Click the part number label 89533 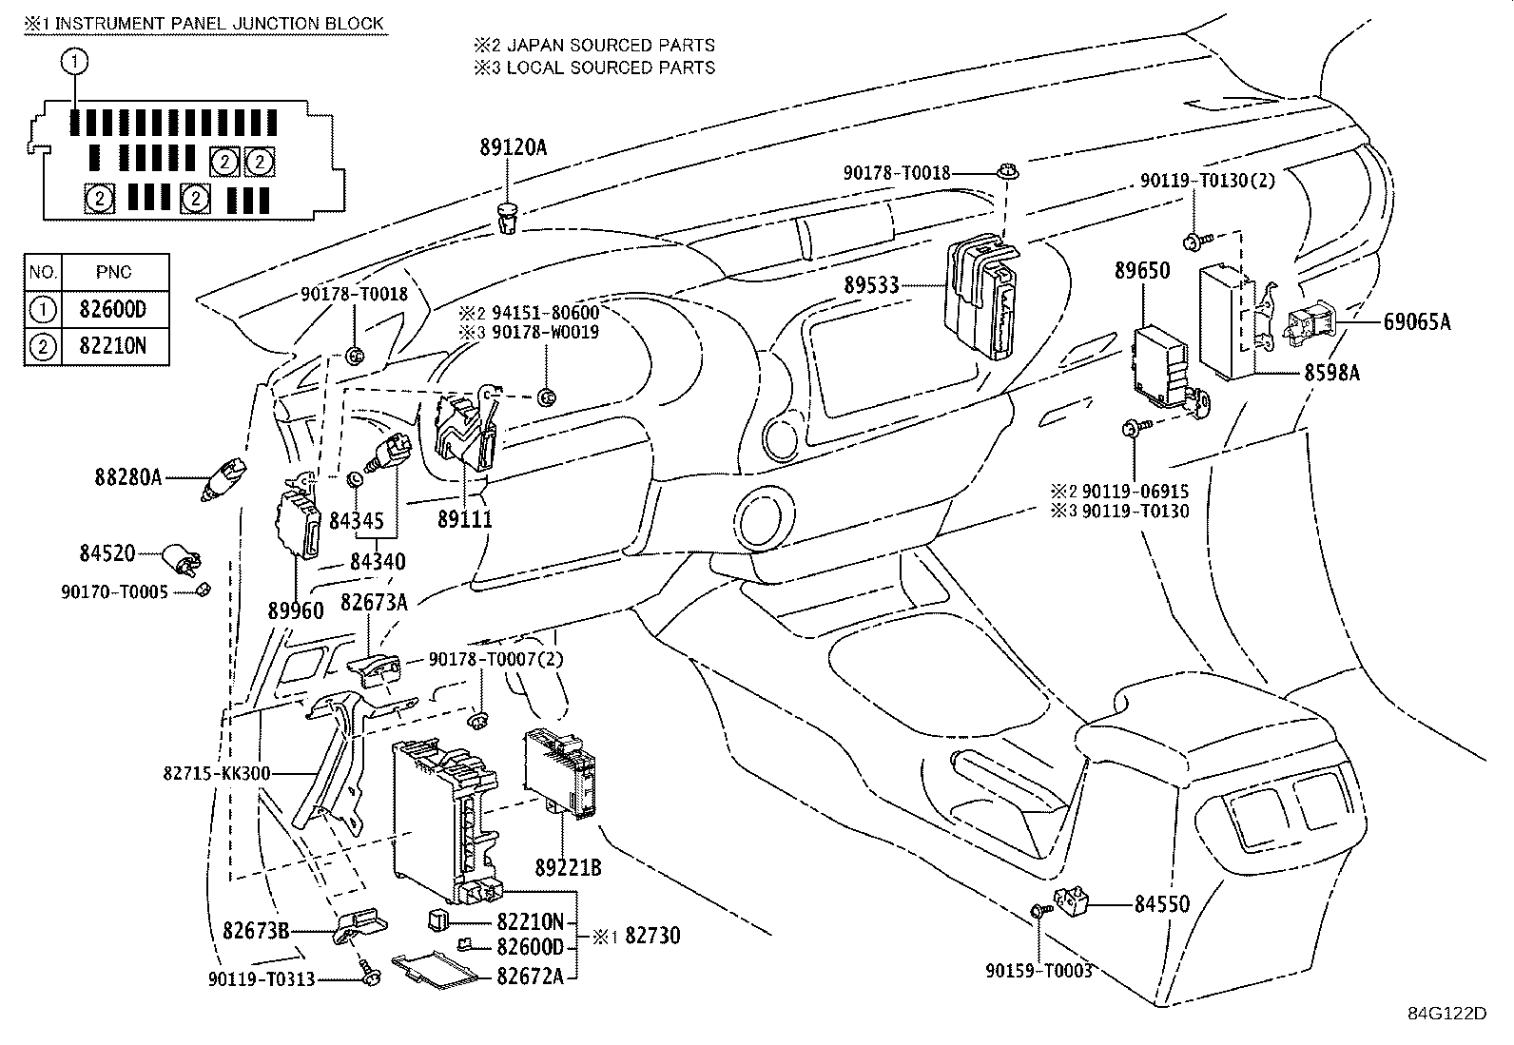870,285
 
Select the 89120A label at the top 513,146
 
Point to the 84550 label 1161,904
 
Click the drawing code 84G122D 1446,1013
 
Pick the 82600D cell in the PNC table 114,309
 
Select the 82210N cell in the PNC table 114,346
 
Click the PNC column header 114,272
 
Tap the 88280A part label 127,477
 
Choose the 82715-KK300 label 217,774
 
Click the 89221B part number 568,868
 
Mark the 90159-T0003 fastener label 1038,971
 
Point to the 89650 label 1142,271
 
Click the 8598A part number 1330,374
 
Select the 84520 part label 107,552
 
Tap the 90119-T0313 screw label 262,979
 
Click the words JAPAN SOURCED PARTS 611,45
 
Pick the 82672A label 530,975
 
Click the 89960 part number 296,610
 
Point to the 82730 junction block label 651,936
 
